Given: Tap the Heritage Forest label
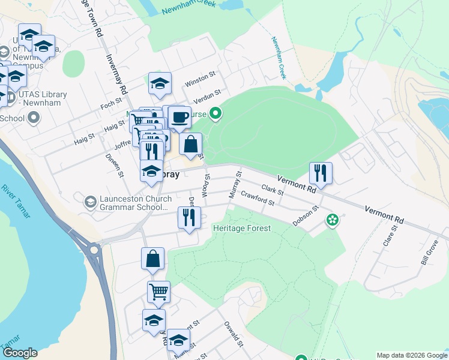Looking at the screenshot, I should [242, 228].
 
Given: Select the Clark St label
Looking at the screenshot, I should [272, 190].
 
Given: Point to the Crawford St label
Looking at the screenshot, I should [257, 198].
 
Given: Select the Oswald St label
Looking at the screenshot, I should [233, 336].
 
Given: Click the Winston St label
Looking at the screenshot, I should [199, 79].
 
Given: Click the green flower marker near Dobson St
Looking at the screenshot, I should [331, 221].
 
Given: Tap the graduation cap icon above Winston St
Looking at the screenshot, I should [160, 83].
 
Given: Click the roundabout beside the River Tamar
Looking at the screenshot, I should [94, 249].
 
